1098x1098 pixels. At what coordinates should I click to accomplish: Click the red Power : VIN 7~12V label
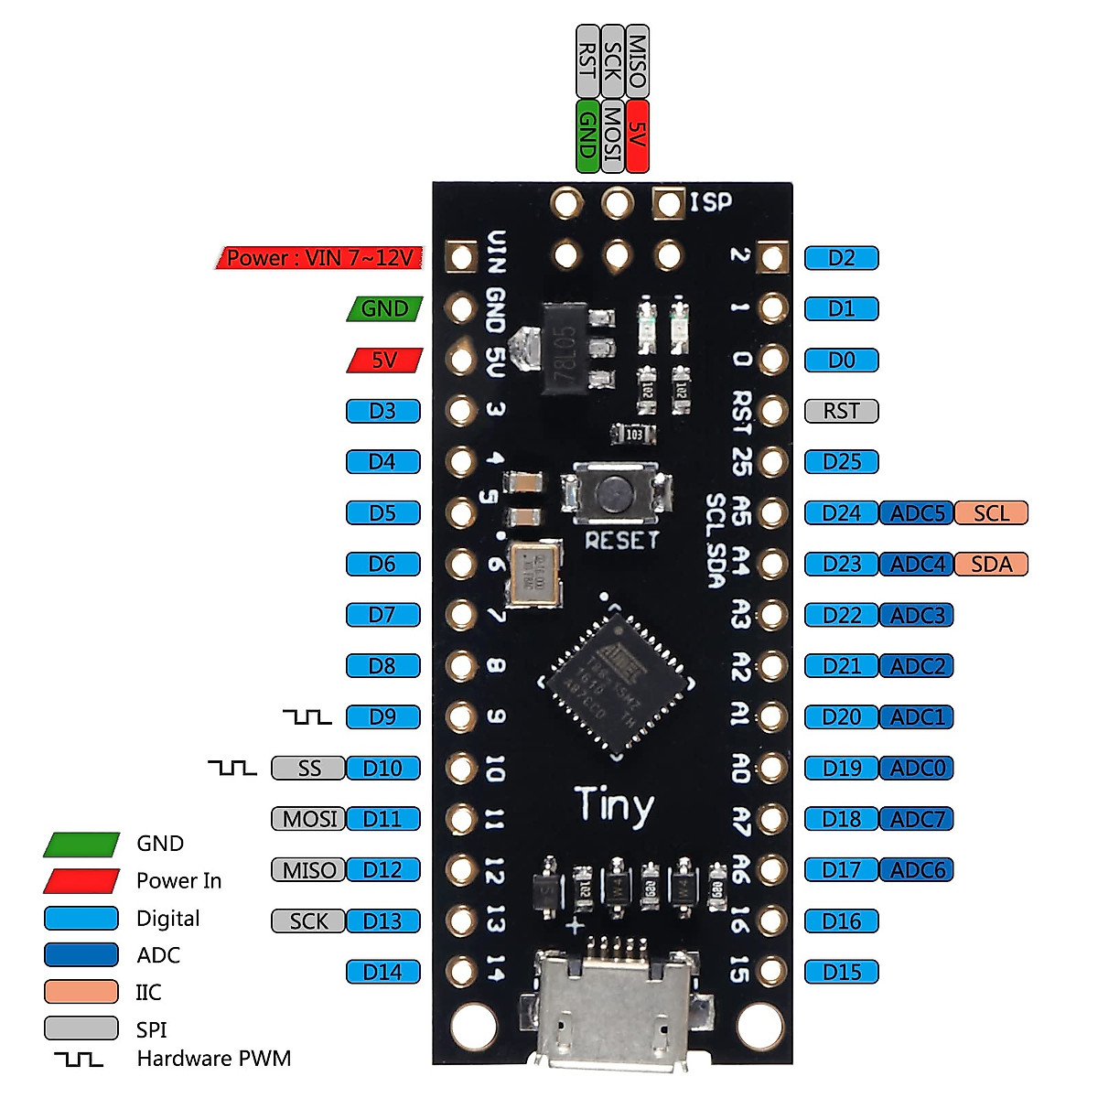pyautogui.click(x=319, y=258)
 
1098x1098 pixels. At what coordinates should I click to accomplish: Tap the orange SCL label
pyautogui.click(x=991, y=513)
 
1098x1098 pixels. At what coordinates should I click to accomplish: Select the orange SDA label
pyautogui.click(x=991, y=565)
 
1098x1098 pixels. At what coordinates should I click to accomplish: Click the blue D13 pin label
pyautogui.click(x=382, y=921)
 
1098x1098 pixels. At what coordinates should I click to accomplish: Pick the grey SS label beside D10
pyautogui.click(x=309, y=769)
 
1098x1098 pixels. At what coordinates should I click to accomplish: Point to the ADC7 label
pyautogui.click(x=917, y=819)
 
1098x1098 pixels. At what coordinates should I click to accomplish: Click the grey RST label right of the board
pyautogui.click(x=841, y=411)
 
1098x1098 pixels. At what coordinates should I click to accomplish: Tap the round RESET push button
pyautogui.click(x=616, y=495)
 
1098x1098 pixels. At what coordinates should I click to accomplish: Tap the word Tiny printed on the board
pyautogui.click(x=615, y=805)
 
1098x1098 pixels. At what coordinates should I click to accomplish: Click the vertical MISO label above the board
pyautogui.click(x=638, y=61)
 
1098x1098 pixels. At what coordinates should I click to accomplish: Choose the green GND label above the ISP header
pyautogui.click(x=587, y=135)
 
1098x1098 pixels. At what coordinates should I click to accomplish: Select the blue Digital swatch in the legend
pyautogui.click(x=81, y=918)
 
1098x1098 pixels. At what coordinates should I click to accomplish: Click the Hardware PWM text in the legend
pyautogui.click(x=213, y=1059)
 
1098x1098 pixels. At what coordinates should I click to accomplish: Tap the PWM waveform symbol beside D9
pyautogui.click(x=307, y=716)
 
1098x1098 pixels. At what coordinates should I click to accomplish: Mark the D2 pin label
pyautogui.click(x=841, y=258)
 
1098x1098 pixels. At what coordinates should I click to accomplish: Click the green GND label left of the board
pyautogui.click(x=384, y=309)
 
